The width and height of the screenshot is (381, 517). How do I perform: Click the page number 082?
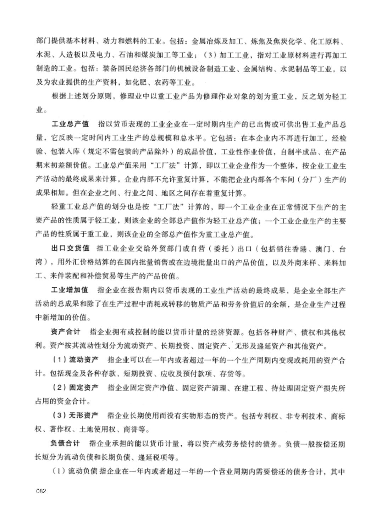[41, 491]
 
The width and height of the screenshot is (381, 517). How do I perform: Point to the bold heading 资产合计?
[66, 332]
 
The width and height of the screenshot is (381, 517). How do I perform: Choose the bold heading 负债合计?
[65, 443]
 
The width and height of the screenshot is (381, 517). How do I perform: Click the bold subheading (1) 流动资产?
[75, 360]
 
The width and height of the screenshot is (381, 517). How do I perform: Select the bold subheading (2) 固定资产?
[75, 388]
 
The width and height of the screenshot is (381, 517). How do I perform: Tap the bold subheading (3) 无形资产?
[75, 415]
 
